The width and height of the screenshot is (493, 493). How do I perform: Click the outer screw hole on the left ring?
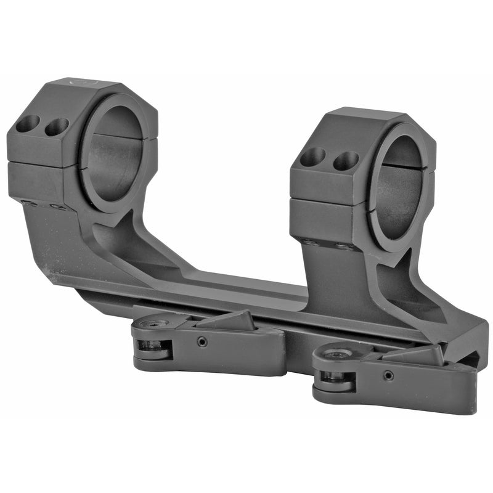click(27, 124)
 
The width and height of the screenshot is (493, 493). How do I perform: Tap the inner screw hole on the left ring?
click(57, 127)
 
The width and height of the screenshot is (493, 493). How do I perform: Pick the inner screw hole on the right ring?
click(345, 161)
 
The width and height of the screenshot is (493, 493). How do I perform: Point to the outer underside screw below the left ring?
click(28, 202)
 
